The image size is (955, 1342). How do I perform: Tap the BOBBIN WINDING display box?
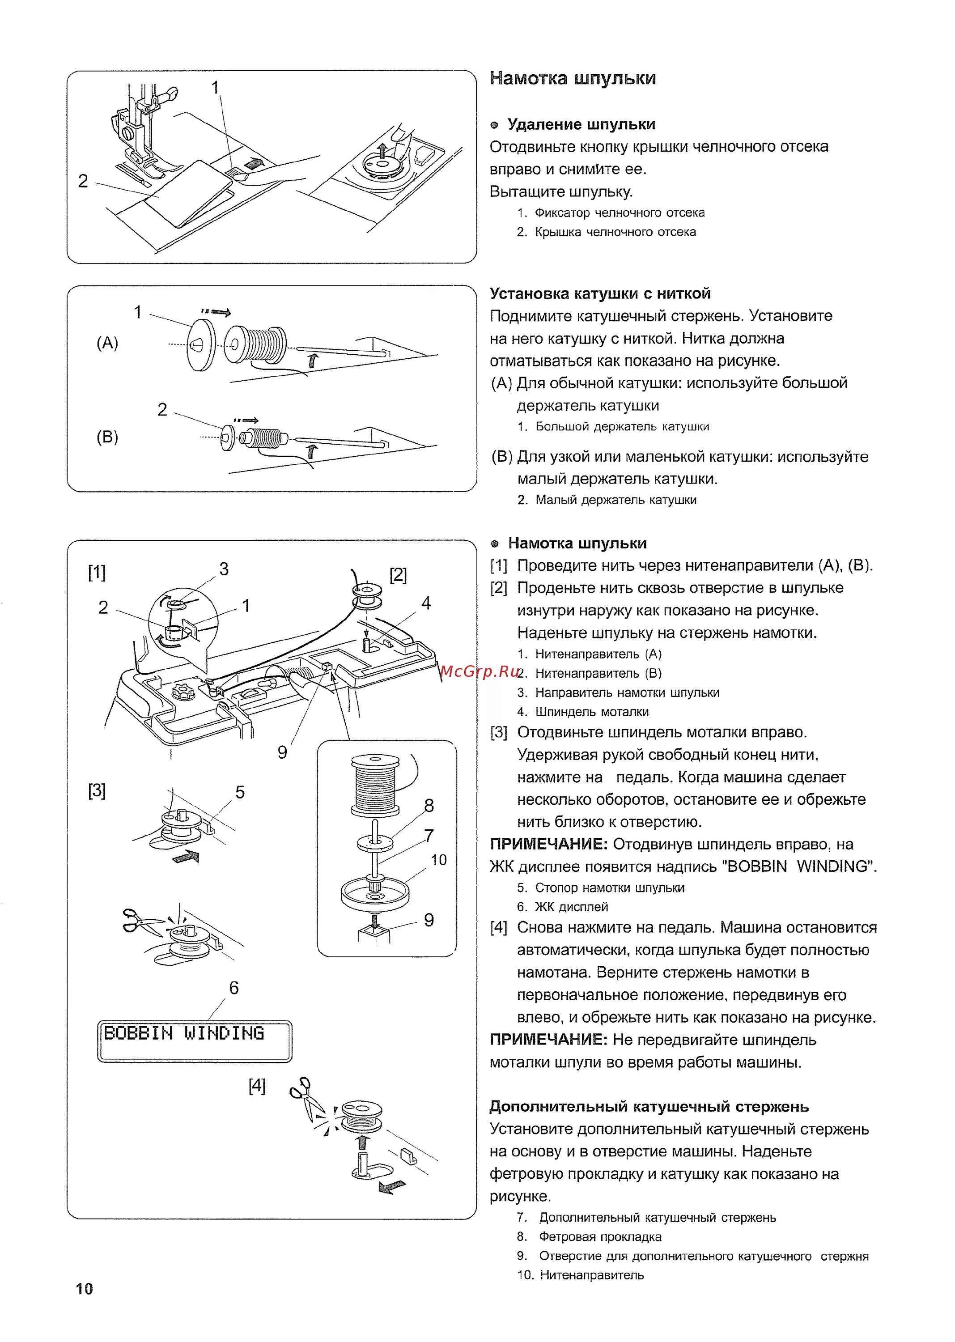point(194,1041)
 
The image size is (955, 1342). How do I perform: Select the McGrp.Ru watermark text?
point(479,671)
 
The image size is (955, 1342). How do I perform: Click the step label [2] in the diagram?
point(398,574)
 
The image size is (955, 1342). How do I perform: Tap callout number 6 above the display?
point(234,988)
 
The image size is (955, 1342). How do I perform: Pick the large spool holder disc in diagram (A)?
point(200,344)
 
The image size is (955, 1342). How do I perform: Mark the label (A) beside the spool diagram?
point(107,342)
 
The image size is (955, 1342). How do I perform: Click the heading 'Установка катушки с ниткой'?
point(600,293)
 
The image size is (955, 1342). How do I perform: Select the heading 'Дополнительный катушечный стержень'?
point(649,1107)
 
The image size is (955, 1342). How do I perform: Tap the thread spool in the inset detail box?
point(374,784)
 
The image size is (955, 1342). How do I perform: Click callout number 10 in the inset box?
point(439,860)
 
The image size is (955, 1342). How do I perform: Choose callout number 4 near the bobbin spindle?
point(426,603)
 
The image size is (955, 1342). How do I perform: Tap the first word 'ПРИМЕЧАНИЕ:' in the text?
point(548,845)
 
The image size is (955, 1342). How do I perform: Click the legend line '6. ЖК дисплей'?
point(562,907)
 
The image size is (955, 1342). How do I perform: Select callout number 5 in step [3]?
point(240,792)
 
